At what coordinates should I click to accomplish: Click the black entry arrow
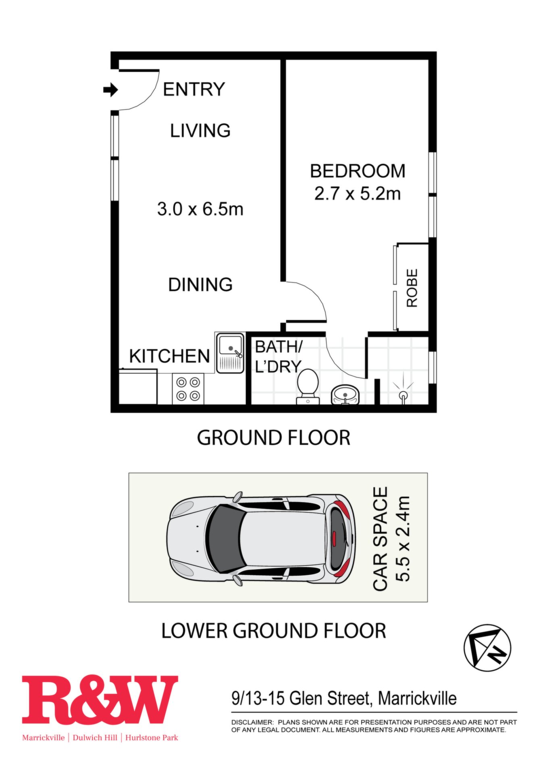[x=110, y=89]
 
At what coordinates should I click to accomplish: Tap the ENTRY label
[x=194, y=89]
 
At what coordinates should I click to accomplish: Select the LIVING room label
[x=200, y=131]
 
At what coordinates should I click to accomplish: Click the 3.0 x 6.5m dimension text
[x=200, y=209]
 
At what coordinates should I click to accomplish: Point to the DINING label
[x=200, y=285]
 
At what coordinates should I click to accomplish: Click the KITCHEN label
[x=170, y=356]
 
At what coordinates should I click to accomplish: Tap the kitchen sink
[x=230, y=353]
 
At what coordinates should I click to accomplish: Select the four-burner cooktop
[x=188, y=389]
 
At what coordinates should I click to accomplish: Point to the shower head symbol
[x=403, y=391]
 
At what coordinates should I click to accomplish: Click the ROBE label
[x=412, y=288]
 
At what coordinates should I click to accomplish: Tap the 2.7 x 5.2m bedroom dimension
[x=358, y=194]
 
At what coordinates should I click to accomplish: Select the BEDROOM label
[x=358, y=171]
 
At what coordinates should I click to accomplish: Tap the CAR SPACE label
[x=381, y=539]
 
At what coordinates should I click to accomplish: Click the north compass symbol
[x=487, y=648]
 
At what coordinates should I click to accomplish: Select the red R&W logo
[x=100, y=699]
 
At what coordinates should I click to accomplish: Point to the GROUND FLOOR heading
[x=274, y=438]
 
